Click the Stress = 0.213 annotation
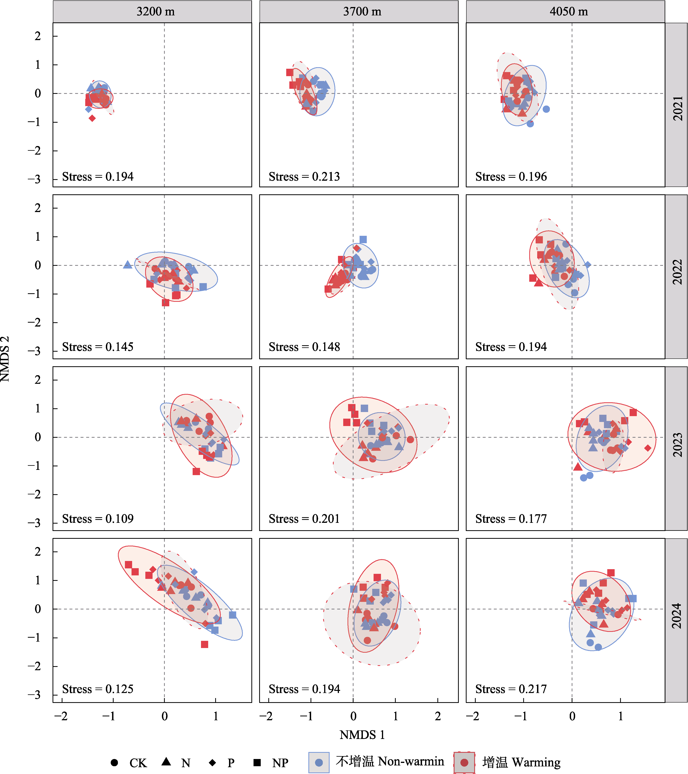coord(304,177)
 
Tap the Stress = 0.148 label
coord(304,347)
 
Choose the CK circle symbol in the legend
coord(114,762)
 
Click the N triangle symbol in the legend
coord(166,762)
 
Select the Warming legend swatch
coord(464,762)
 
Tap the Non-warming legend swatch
coord(319,762)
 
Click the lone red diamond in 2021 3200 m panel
coord(92,119)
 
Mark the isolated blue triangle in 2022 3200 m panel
coord(127,265)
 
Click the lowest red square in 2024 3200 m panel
coord(204,644)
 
